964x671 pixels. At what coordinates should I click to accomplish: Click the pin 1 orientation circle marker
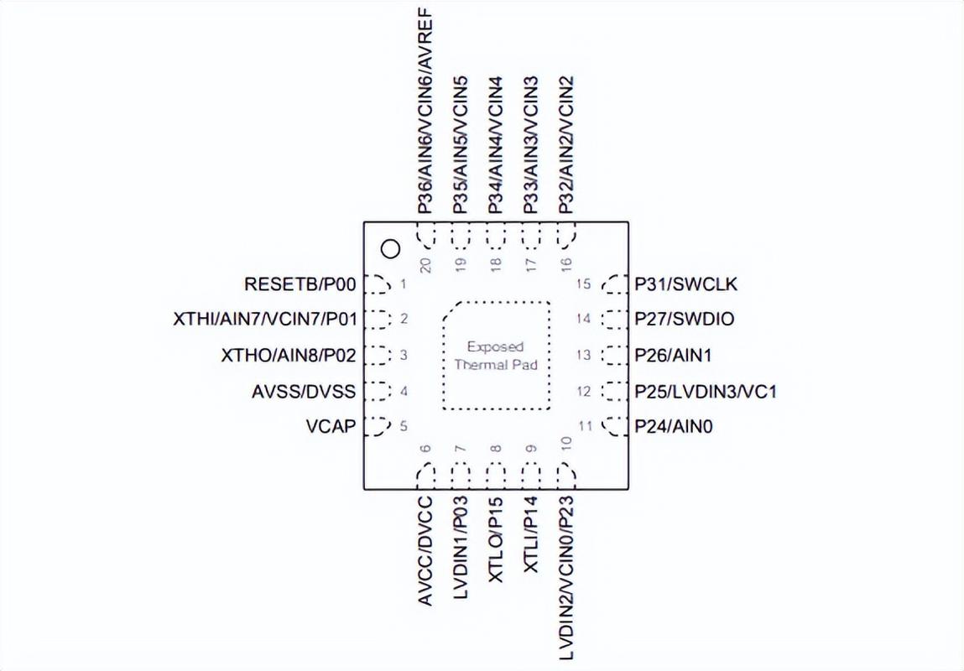[390, 249]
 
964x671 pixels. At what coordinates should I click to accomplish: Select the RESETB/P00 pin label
[300, 284]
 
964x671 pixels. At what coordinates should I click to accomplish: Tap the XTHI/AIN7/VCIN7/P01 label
[265, 320]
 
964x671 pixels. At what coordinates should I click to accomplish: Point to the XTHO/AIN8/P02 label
[289, 355]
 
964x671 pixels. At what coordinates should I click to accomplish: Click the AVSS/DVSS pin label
[304, 392]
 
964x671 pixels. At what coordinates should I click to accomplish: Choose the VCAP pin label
[331, 426]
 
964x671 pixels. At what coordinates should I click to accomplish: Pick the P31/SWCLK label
[685, 283]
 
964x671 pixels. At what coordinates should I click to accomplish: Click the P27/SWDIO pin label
[685, 320]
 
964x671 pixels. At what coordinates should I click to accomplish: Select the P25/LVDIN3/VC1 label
[706, 392]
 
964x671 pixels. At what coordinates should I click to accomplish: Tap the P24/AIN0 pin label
[674, 426]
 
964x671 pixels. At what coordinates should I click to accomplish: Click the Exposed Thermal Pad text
[496, 356]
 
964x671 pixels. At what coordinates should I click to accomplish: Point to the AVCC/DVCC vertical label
[425, 551]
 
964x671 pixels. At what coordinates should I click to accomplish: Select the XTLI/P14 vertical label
[530, 534]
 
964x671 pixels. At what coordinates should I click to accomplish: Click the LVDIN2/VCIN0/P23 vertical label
[566, 578]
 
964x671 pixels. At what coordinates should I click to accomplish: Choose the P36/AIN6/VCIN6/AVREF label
[425, 111]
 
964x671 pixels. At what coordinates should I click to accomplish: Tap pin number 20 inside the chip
[425, 264]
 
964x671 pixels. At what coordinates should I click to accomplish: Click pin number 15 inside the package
[583, 283]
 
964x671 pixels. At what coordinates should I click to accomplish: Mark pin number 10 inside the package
[566, 442]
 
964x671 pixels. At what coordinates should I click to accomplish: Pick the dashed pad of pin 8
[496, 476]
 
